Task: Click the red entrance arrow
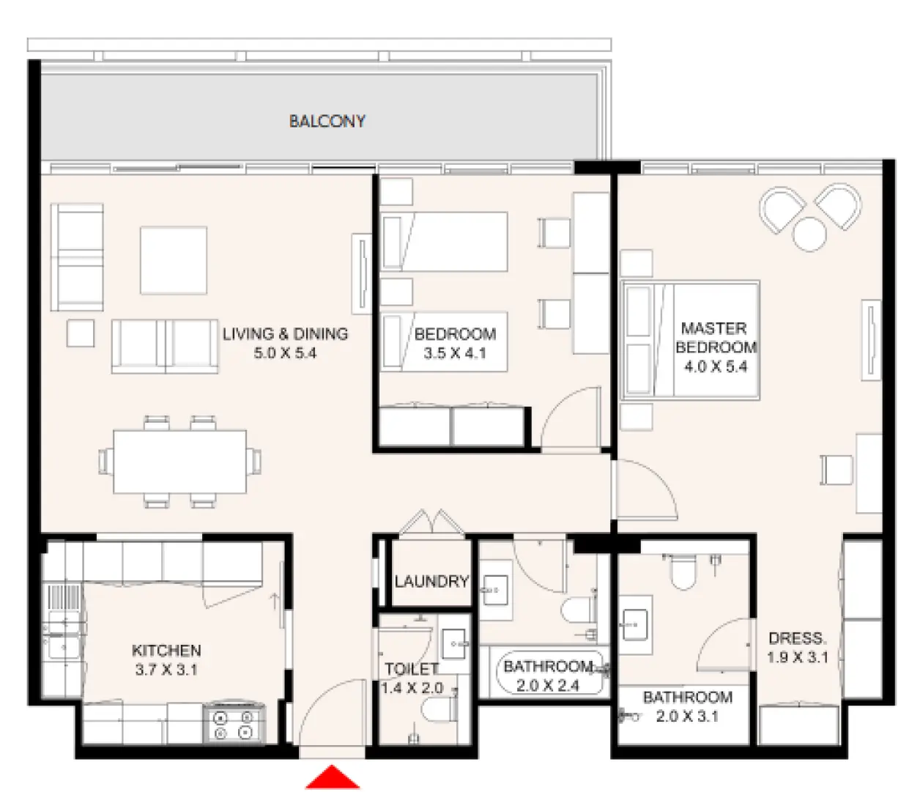[333, 778]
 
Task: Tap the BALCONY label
[327, 122]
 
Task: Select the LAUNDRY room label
[431, 582]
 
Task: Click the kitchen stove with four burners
[234, 725]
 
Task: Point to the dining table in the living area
[179, 462]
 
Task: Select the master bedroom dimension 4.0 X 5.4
[715, 366]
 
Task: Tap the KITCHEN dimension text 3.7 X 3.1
[166, 670]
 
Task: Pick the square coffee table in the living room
[174, 260]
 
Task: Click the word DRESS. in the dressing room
[797, 638]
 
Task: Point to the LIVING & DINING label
[285, 334]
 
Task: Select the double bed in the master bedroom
[689, 340]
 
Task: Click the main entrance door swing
[331, 714]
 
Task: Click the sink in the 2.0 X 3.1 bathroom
[635, 625]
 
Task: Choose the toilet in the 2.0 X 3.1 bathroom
[683, 572]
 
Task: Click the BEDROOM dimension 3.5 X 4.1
[454, 353]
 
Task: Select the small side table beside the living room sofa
[81, 333]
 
